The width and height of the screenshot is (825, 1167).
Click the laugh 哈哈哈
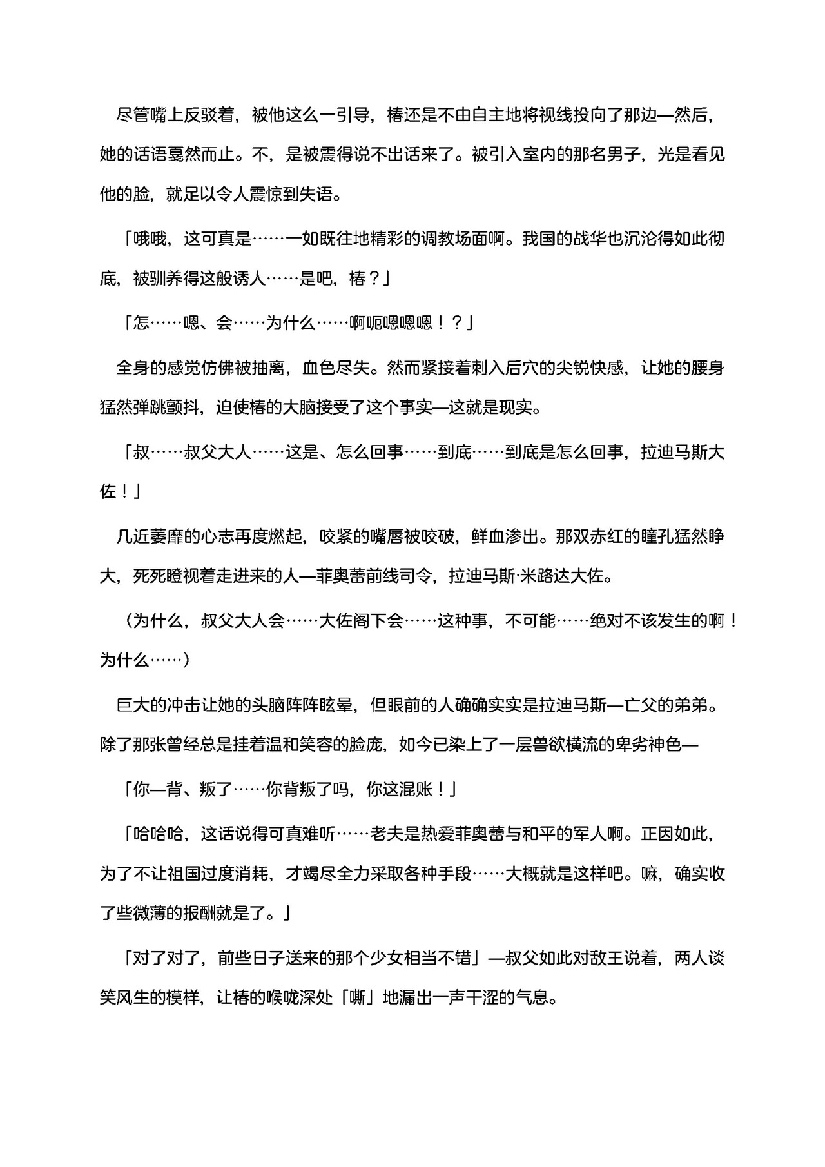[158, 834]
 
